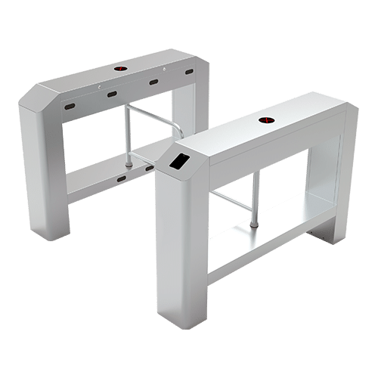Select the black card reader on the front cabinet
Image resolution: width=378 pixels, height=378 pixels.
[178, 160]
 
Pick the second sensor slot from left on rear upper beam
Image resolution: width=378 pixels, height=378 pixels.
[111, 94]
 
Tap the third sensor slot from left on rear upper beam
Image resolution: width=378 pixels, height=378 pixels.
[153, 82]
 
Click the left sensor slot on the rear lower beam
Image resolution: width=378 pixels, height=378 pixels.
[121, 179]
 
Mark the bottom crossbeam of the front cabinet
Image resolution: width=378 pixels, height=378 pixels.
[265, 249]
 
